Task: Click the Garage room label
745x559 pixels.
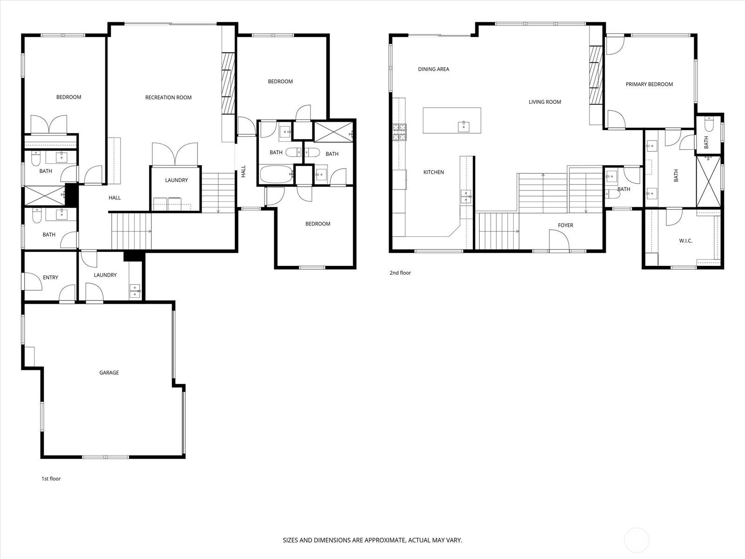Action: click(x=109, y=373)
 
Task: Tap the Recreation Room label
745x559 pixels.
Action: click(x=168, y=98)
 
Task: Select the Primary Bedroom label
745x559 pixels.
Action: click(x=649, y=84)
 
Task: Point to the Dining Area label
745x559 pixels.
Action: click(x=433, y=69)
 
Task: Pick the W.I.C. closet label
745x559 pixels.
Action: click(x=685, y=241)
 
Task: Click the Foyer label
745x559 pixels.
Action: click(x=565, y=225)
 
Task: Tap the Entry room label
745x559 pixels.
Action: click(x=50, y=278)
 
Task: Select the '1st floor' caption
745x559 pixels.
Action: click(x=51, y=479)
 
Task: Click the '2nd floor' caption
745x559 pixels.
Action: click(x=400, y=273)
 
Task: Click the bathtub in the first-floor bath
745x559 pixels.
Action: click(x=276, y=175)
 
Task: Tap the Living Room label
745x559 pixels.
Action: click(x=545, y=102)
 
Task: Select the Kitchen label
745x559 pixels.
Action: click(x=433, y=172)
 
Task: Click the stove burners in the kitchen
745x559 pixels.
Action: click(x=399, y=132)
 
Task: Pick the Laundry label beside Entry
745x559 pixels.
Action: click(x=105, y=275)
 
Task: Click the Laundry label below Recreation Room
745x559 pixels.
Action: click(x=176, y=180)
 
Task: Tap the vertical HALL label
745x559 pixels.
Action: click(x=243, y=171)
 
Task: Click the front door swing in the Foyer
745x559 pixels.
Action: click(x=558, y=241)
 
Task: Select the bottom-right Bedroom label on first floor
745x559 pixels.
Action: click(x=318, y=224)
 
